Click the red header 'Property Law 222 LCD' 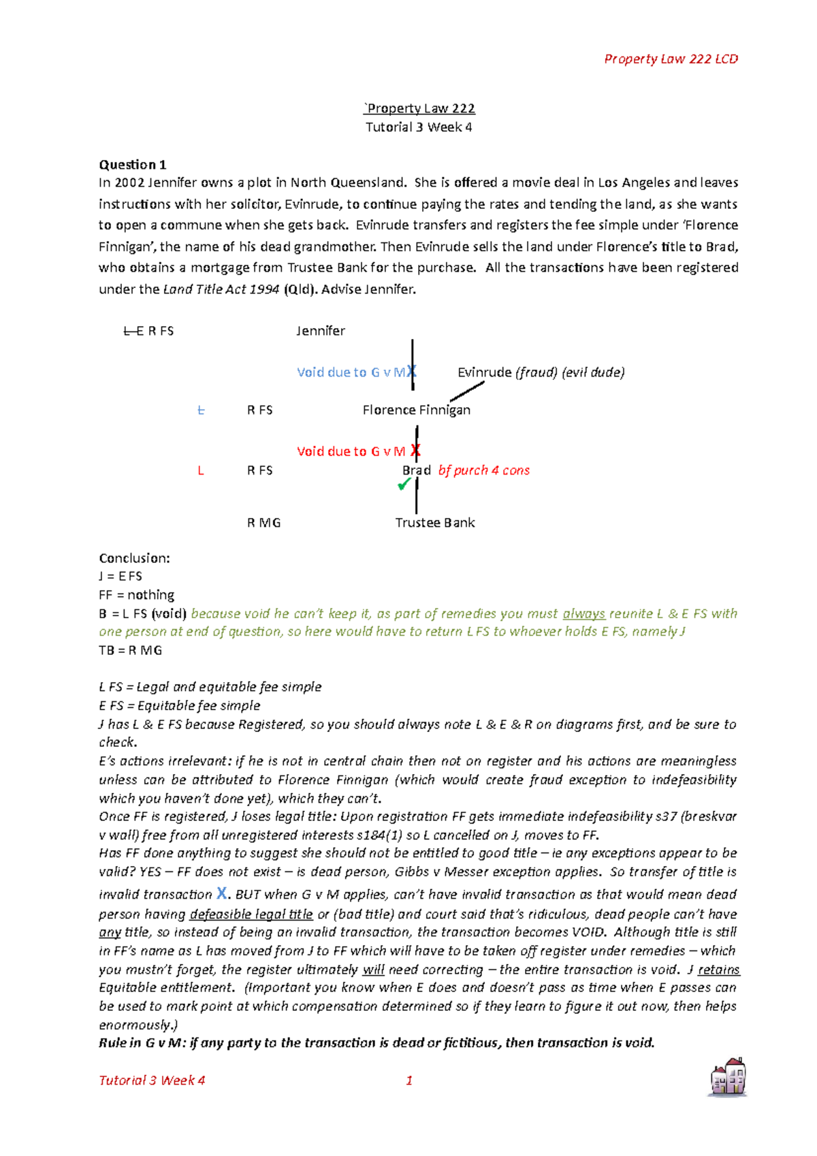coord(671,59)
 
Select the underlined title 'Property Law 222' coord(419,108)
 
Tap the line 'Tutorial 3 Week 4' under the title coord(419,127)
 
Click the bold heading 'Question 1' coord(133,165)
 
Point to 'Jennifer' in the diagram coord(320,331)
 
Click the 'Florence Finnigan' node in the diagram coord(416,410)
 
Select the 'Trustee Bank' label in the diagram coord(435,523)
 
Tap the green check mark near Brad coord(404,484)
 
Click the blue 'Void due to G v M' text coord(351,372)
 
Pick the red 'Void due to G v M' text coord(351,451)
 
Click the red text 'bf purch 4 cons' coord(484,470)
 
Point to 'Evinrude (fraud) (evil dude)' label coord(541,372)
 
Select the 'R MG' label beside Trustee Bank coord(263,523)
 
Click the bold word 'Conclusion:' coord(134,558)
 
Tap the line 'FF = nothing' coord(136,595)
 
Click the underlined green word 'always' coord(583,613)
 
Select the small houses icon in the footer coord(728,1077)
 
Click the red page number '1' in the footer coord(409,1080)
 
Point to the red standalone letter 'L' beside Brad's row coord(201,470)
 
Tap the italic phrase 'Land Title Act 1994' coord(221,289)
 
